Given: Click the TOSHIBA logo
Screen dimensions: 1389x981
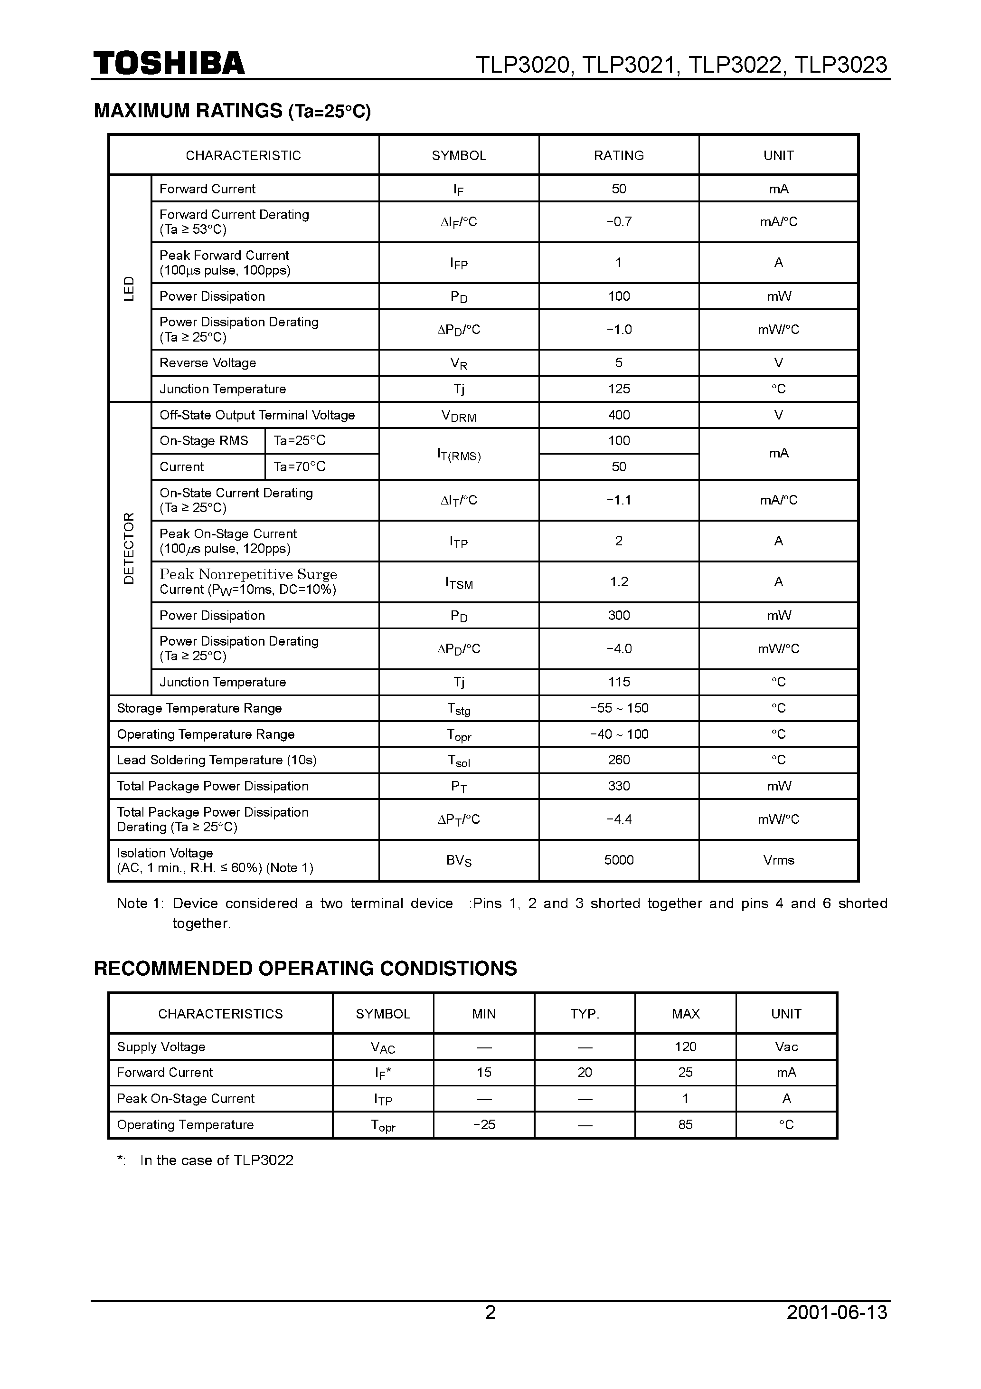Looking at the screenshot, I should point(169,64).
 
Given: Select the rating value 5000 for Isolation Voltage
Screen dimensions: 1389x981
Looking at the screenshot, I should point(618,860).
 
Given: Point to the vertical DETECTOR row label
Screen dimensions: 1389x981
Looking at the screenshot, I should point(129,548).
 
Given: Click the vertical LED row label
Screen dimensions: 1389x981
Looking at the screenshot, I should point(129,288).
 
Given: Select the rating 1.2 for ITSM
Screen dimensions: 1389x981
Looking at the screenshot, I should point(618,581).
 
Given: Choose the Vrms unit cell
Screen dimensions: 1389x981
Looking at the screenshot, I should point(778,860).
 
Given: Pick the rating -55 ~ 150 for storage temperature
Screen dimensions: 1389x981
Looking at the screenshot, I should point(618,708).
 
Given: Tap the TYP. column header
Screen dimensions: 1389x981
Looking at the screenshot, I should point(584,1013).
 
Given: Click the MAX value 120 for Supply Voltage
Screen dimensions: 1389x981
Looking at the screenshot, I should point(685,1047).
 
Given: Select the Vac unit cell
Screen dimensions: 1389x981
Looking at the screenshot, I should point(786,1047).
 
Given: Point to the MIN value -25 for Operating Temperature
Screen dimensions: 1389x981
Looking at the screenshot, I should point(484,1124).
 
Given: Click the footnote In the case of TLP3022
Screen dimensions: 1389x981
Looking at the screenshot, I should point(216,1160).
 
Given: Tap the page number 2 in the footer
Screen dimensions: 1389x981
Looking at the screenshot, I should point(490,1312).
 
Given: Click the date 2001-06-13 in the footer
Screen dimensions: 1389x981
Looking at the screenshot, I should point(837,1312).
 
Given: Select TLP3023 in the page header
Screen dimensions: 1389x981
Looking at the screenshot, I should point(840,65).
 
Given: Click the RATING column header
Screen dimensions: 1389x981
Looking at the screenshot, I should point(618,155).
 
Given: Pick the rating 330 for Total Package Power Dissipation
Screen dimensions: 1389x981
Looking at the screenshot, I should point(618,786).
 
